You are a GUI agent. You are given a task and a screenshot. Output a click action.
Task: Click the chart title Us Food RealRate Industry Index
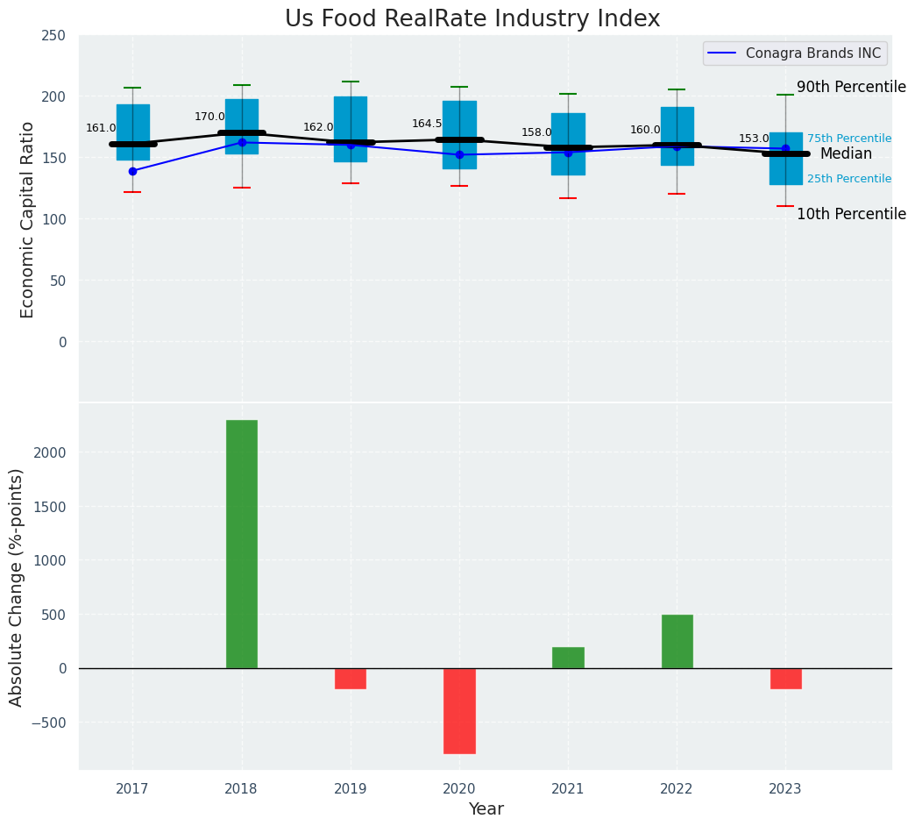(472, 19)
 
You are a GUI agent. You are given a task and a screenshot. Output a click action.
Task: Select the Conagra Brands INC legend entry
(795, 53)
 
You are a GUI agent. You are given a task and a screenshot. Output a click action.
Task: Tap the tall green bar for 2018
(242, 544)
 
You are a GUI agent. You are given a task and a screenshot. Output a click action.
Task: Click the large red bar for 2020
(459, 710)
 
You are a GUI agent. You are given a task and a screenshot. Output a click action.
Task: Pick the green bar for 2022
(677, 641)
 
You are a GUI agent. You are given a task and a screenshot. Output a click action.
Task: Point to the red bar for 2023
(785, 679)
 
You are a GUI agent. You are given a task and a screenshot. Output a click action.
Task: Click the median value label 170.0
(209, 117)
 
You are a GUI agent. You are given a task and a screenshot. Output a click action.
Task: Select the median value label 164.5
(427, 124)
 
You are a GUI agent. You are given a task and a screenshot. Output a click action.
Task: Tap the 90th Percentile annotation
(850, 87)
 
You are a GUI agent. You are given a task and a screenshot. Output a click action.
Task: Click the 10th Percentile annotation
(850, 214)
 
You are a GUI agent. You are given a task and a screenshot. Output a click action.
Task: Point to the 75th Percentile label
(848, 139)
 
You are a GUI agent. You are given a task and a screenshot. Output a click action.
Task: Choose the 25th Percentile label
(848, 179)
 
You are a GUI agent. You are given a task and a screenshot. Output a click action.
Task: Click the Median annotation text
(846, 154)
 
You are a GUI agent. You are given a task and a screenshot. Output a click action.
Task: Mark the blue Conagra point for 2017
(132, 171)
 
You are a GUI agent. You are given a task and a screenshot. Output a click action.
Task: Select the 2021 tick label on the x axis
(568, 789)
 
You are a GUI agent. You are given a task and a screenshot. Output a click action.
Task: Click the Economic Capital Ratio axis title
(27, 219)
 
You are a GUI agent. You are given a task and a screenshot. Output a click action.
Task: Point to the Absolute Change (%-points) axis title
(17, 587)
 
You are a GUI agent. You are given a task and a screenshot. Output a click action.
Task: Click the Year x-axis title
(486, 809)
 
